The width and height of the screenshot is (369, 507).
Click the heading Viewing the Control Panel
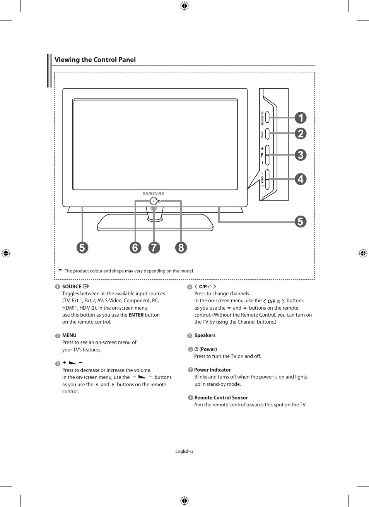click(95, 60)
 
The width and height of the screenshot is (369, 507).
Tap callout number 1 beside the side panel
click(301, 118)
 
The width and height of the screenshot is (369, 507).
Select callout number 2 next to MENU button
click(301, 134)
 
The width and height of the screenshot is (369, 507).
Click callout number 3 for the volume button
click(301, 155)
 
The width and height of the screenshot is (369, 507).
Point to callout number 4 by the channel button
click(301, 179)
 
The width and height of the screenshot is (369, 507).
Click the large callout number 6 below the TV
click(135, 247)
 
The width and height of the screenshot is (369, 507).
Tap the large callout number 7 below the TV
click(154, 247)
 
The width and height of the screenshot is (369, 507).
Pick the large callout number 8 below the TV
click(181, 247)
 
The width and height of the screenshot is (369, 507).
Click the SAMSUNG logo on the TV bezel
click(154, 193)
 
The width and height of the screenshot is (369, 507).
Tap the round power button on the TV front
click(154, 201)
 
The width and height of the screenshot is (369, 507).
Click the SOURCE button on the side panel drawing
click(267, 118)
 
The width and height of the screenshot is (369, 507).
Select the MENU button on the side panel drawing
click(267, 134)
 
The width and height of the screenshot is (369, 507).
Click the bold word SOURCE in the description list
click(72, 287)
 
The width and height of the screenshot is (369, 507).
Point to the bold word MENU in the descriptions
click(69, 336)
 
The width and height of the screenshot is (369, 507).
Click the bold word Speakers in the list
click(205, 336)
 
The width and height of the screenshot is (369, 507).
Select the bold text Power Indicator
click(212, 370)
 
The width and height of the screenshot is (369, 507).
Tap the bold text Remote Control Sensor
click(221, 398)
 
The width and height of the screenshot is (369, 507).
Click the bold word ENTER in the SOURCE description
click(136, 315)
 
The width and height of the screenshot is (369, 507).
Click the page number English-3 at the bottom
click(184, 451)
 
